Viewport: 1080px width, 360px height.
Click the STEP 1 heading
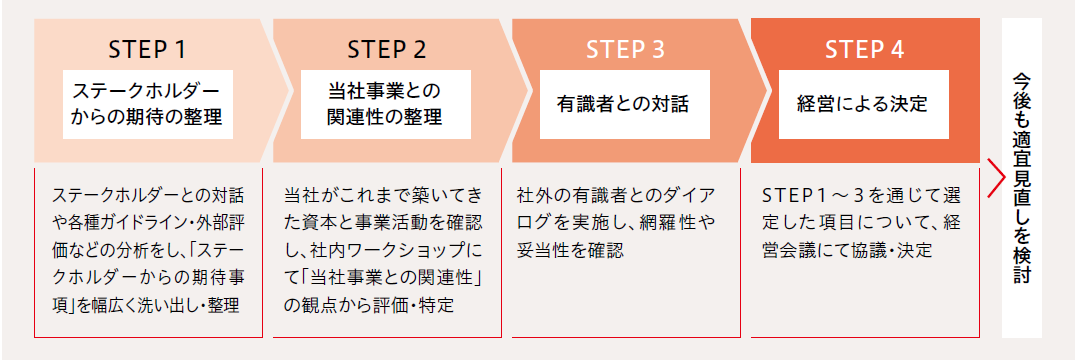point(147,48)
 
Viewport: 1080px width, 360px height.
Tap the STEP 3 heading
point(625,48)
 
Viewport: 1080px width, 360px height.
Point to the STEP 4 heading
point(865,48)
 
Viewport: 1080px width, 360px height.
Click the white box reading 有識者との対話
point(624,103)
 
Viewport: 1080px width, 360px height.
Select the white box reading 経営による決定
point(863,103)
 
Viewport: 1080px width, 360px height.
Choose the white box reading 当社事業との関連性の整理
point(385,103)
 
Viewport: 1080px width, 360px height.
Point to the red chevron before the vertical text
point(994,178)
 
